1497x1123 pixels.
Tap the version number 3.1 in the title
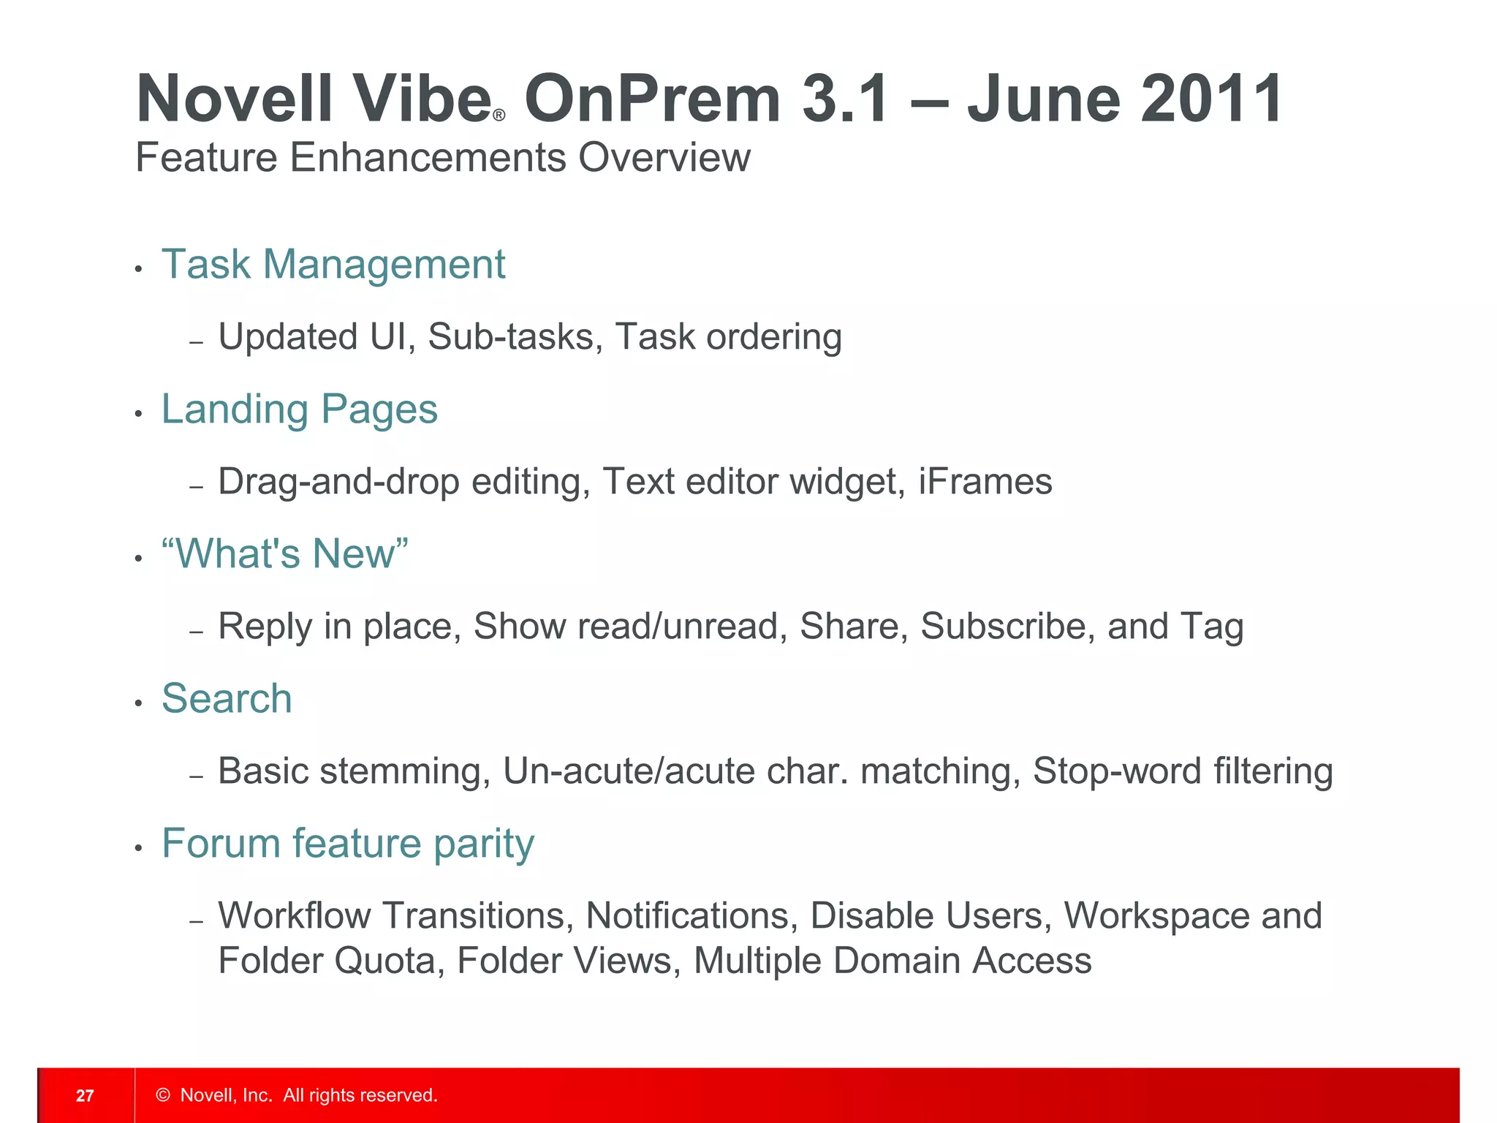coord(846,99)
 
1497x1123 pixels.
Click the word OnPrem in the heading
coord(653,99)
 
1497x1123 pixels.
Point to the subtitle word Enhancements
coord(428,157)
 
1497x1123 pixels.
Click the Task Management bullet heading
coord(333,264)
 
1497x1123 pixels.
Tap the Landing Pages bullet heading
coord(299,409)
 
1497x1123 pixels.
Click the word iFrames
coord(985,482)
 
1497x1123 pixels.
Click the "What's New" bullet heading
coord(284,553)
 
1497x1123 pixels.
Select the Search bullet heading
coord(227,698)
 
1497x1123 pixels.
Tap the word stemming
coord(405,771)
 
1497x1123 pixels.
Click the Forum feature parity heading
coord(348,844)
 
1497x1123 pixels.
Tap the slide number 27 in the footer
coord(85,1095)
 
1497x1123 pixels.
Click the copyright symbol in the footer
coord(163,1094)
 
